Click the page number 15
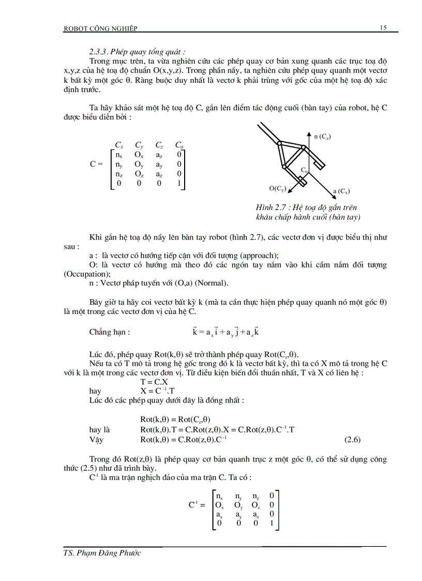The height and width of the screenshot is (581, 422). [x=383, y=28]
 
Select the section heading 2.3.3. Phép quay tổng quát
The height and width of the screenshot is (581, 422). [x=138, y=52]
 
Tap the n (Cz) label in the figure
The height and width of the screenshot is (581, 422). [x=322, y=136]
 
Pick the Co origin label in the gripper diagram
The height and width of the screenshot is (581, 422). [x=305, y=170]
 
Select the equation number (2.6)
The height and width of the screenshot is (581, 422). [x=352, y=440]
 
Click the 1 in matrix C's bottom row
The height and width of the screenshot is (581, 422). [x=179, y=184]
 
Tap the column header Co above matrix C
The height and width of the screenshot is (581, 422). [x=179, y=145]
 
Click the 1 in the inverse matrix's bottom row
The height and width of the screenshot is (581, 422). [x=272, y=523]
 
